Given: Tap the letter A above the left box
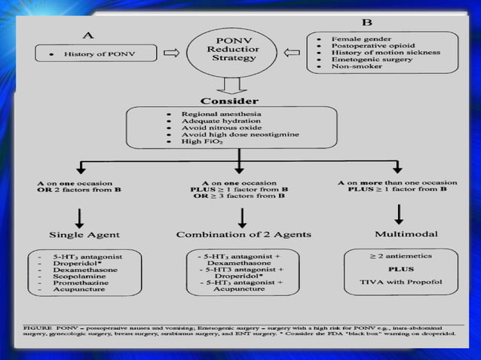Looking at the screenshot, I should [x=88, y=34].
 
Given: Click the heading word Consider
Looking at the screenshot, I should [x=229, y=101].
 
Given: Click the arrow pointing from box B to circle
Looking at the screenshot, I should [x=293, y=53].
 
